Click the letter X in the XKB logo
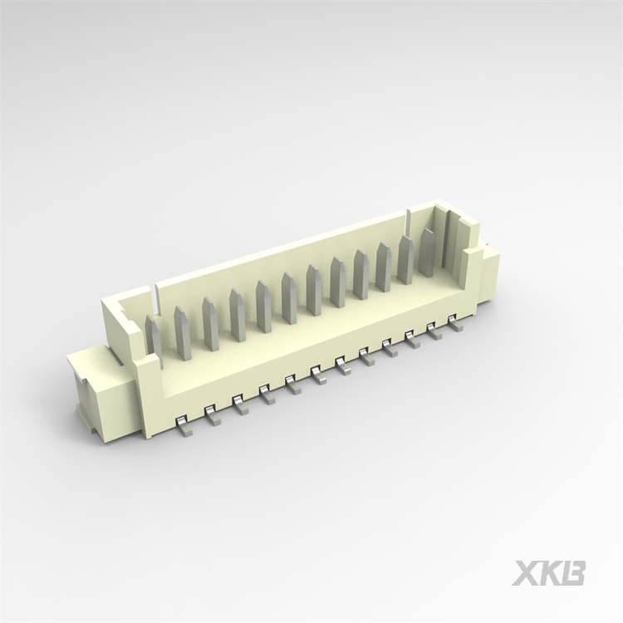[526, 573]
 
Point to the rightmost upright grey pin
[426, 252]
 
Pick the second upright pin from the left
[182, 333]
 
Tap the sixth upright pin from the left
[288, 298]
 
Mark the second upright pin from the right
[405, 259]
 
